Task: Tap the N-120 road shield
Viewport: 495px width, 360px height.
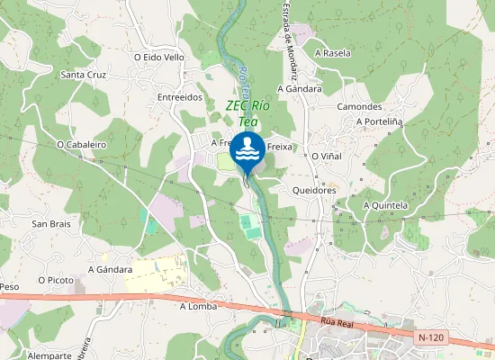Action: [x=432, y=337]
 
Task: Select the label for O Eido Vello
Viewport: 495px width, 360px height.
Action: [x=159, y=56]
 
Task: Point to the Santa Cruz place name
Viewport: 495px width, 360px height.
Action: [x=83, y=75]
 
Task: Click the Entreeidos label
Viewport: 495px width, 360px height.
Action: [x=179, y=97]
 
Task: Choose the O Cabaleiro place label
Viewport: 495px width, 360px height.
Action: [x=82, y=143]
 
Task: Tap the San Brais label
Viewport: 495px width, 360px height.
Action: [x=50, y=223]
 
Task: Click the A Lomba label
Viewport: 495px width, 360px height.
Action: [x=199, y=305]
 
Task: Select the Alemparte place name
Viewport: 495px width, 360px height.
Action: [x=49, y=355]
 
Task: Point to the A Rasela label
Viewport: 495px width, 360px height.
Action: [x=333, y=53]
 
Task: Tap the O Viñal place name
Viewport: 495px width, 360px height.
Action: [x=326, y=156]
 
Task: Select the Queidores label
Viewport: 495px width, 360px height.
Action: [x=314, y=191]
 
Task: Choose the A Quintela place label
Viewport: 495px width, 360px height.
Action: [x=385, y=205]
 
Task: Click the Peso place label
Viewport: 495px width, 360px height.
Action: [x=9, y=286]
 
